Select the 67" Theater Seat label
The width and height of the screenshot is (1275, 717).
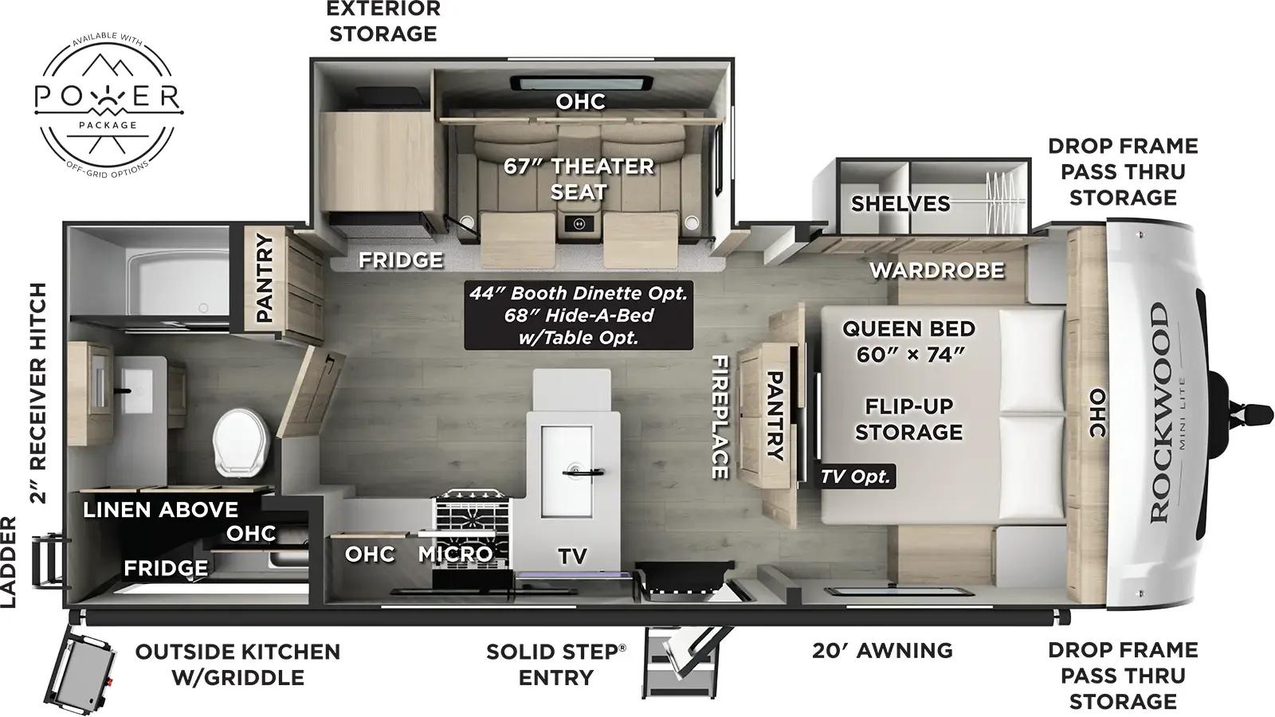click(579, 178)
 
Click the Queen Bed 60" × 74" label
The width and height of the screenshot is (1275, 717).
click(908, 341)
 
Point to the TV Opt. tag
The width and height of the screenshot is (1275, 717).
click(856, 476)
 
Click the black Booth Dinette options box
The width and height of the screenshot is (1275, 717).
click(578, 315)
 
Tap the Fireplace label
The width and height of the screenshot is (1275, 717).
click(720, 417)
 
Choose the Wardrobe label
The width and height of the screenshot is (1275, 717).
click(936, 270)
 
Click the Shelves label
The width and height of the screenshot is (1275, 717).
click(900, 203)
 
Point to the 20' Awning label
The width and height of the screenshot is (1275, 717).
click(882, 650)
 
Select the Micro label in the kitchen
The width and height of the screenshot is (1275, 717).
click(455, 553)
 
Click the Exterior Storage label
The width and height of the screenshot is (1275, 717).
click(383, 22)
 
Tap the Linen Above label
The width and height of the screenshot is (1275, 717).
click(160, 509)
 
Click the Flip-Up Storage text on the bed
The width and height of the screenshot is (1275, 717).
click(908, 418)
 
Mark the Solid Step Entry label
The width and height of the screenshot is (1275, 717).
click(555, 664)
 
